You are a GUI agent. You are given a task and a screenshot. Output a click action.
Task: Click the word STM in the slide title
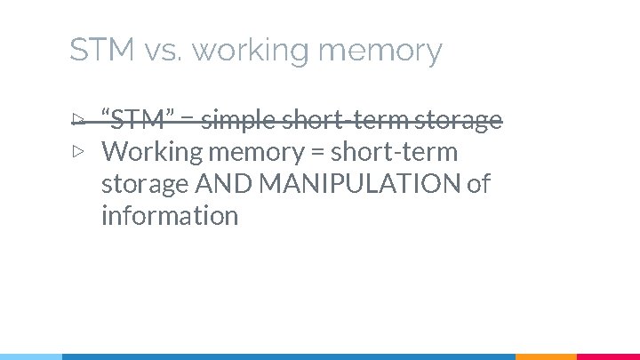(x=101, y=51)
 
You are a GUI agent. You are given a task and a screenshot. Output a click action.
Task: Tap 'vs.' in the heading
(x=161, y=51)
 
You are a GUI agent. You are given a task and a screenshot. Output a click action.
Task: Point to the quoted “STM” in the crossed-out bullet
(x=136, y=119)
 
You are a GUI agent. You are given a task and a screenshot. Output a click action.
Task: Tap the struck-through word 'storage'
(x=460, y=120)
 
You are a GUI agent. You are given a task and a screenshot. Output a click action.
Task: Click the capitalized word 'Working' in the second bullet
(x=152, y=152)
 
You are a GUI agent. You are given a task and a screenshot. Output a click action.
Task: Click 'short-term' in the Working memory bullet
(x=394, y=152)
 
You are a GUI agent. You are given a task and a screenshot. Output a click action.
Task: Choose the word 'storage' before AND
(x=145, y=185)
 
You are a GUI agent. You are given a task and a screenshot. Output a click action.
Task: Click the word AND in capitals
(x=221, y=184)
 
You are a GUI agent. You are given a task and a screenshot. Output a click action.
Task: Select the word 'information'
(x=170, y=216)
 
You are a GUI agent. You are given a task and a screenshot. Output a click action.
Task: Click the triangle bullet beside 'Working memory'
(x=78, y=151)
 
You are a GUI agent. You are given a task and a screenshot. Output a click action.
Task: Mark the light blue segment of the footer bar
(x=31, y=356)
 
